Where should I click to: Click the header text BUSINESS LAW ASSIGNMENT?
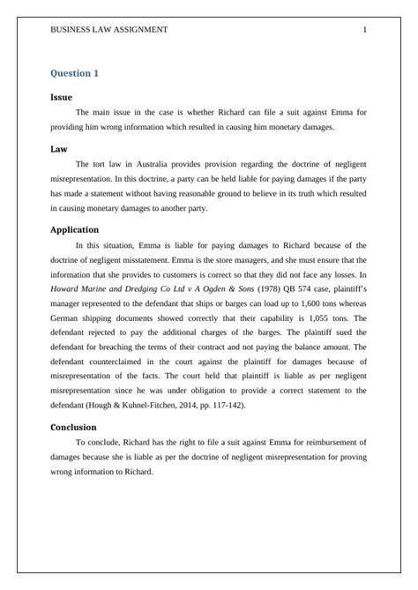(x=109, y=29)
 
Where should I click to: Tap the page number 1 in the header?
(x=364, y=29)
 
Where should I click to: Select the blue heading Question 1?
(x=75, y=73)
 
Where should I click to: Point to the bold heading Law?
(x=59, y=149)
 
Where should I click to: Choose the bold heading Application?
(x=74, y=229)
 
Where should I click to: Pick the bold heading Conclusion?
(x=73, y=427)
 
